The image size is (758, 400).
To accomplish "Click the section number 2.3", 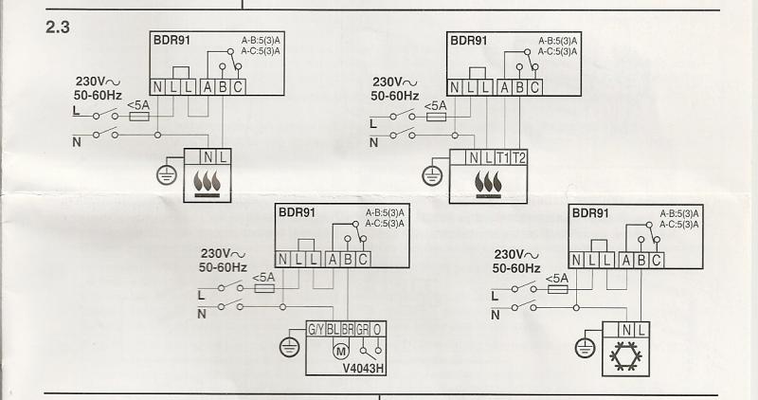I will tap(60, 27).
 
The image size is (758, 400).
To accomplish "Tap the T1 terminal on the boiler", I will tap(503, 158).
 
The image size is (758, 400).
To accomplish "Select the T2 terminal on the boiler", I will tap(519, 158).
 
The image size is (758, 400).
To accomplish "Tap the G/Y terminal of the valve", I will tap(316, 330).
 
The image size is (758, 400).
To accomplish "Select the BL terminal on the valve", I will tap(333, 330).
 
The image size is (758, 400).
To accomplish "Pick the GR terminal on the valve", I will tap(363, 330).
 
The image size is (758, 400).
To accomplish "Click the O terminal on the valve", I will tap(377, 330).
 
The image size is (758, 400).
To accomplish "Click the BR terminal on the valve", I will tap(348, 330).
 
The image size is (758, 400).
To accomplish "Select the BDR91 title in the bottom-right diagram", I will tap(591, 213).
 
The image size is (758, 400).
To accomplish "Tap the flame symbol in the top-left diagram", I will tap(207, 182).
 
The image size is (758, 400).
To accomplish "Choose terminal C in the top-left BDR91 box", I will tap(238, 87).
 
